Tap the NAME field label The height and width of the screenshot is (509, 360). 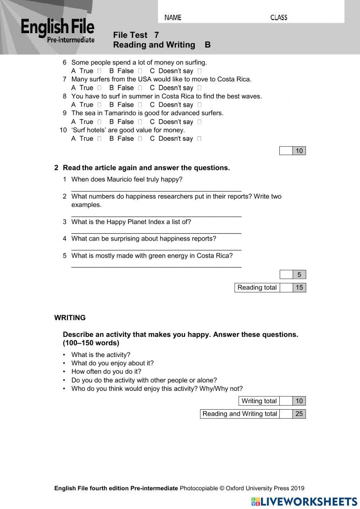point(173,17)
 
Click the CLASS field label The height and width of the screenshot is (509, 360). point(279,17)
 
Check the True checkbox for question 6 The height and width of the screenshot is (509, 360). point(100,71)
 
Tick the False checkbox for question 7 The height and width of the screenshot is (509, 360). point(140,88)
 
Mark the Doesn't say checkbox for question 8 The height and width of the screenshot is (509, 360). point(199,105)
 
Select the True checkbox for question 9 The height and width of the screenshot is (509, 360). point(100,122)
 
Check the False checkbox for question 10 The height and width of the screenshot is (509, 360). point(140,139)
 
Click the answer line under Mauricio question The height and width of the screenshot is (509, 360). point(156,190)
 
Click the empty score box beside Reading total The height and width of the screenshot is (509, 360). point(286,287)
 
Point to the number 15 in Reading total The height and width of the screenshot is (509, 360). point(299,287)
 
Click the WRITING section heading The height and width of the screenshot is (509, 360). point(70,318)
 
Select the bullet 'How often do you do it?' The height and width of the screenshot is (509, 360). point(106,371)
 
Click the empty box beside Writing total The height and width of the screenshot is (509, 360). point(286,401)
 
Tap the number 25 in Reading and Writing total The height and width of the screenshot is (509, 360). point(299,414)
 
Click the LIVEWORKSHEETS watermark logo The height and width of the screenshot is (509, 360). point(304,501)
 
